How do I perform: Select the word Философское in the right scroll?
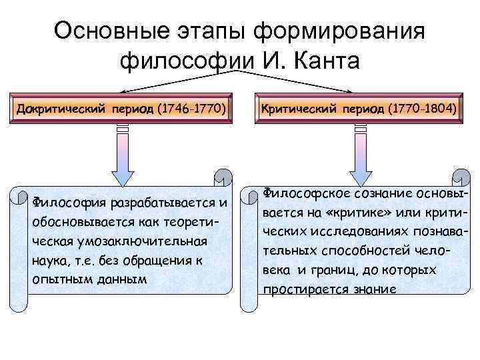tap(301, 193)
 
